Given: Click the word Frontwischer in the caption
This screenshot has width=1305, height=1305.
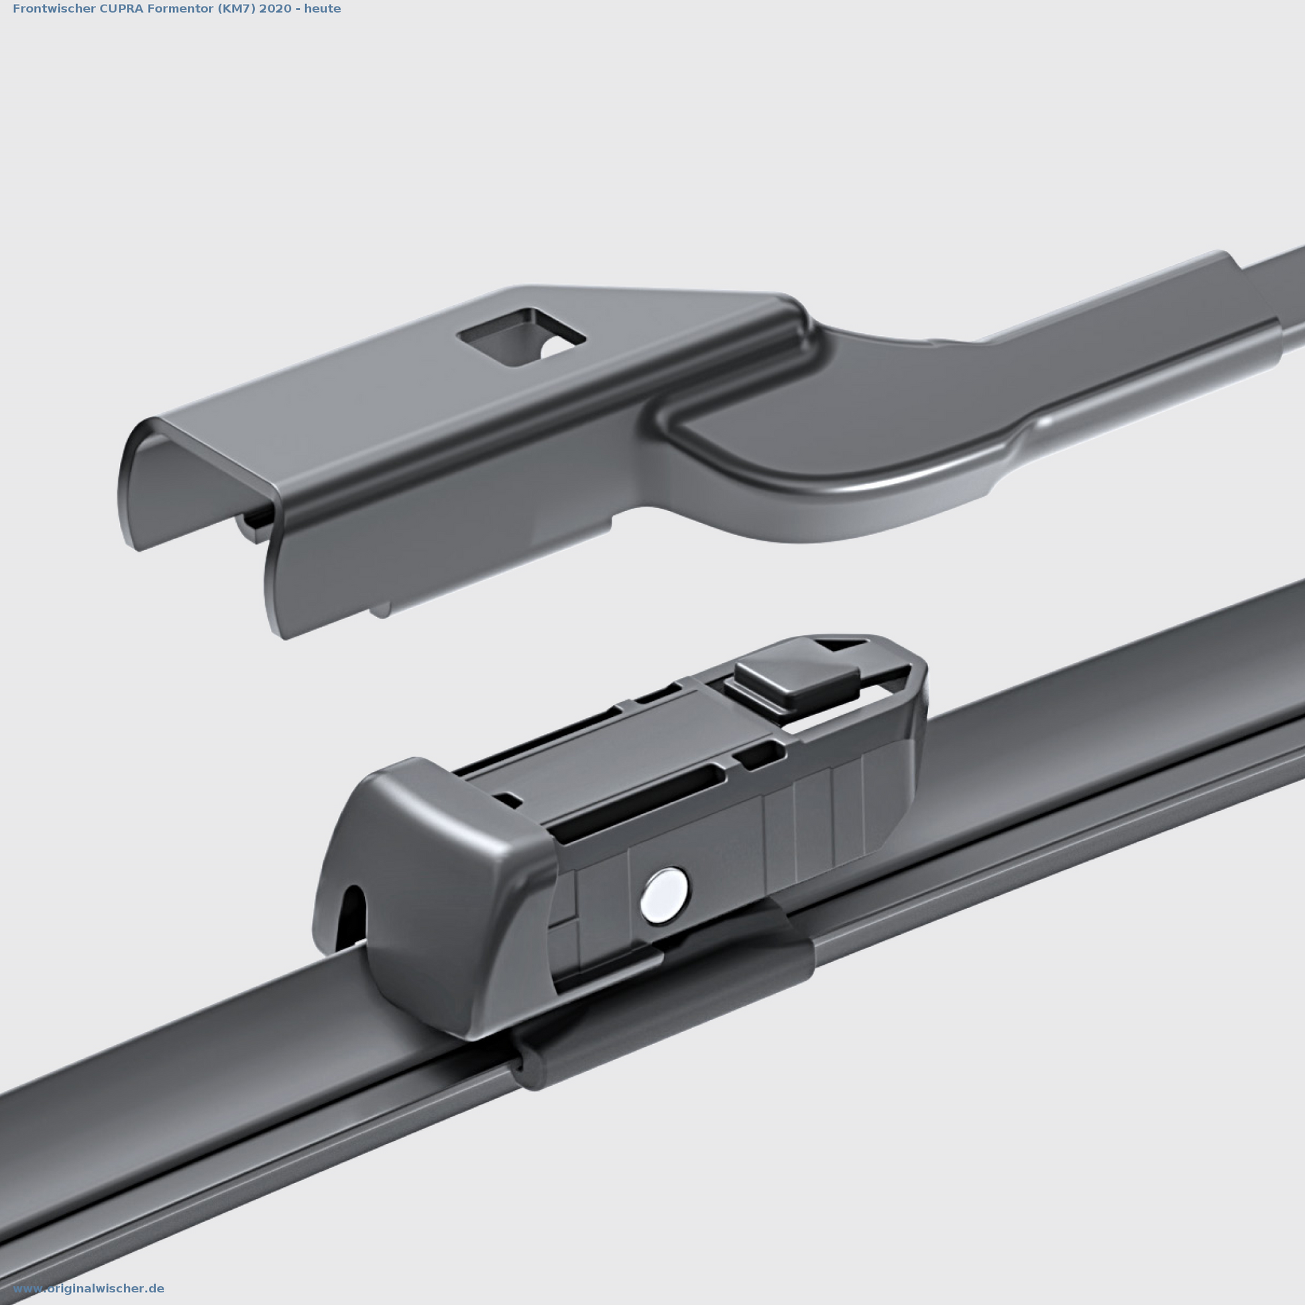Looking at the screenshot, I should pyautogui.click(x=45, y=9).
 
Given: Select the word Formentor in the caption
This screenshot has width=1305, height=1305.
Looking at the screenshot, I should pyautogui.click(x=156, y=9).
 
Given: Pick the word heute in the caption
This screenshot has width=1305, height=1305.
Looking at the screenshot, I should pyautogui.click(x=322, y=9).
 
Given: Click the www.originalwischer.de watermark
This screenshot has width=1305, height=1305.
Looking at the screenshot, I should pyautogui.click(x=89, y=1289).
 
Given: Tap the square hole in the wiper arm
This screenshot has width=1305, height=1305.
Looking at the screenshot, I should pyautogui.click(x=521, y=337).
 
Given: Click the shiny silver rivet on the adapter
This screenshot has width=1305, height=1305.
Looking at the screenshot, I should pyautogui.click(x=665, y=896).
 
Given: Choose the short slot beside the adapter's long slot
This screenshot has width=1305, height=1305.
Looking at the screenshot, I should pyautogui.click(x=760, y=756).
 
